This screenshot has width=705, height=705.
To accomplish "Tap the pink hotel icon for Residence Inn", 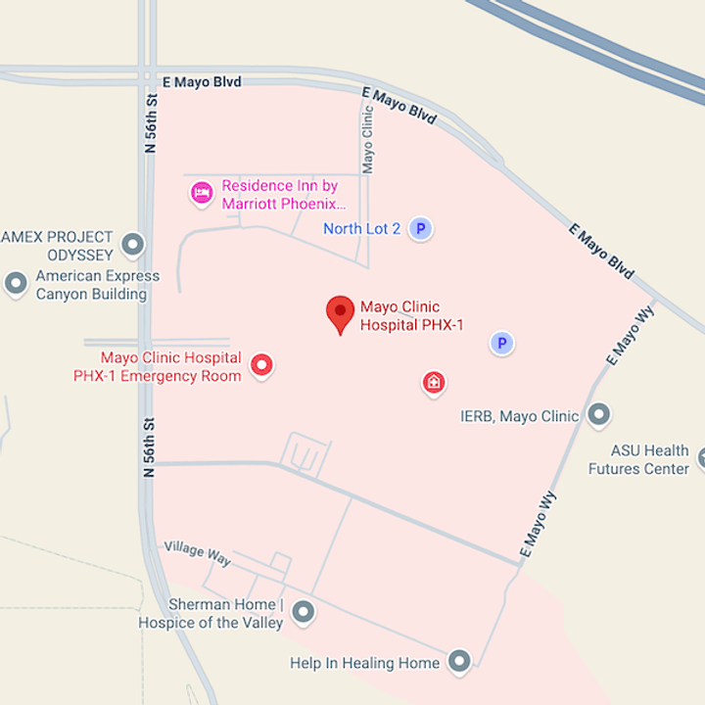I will click(202, 192).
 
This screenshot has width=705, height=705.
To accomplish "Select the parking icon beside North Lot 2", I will click(420, 229).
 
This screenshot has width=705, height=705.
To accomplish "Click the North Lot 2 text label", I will click(361, 229).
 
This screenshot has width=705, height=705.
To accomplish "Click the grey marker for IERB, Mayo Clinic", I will click(598, 415).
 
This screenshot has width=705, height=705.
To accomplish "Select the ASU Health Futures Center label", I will click(638, 459).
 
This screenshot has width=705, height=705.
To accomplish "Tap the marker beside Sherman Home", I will click(304, 613).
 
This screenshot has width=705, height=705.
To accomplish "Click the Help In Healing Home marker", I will click(459, 662).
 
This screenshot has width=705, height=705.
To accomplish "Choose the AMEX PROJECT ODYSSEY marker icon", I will click(132, 245).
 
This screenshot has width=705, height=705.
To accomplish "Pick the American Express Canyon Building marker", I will click(16, 284).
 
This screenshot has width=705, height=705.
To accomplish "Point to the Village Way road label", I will click(197, 553).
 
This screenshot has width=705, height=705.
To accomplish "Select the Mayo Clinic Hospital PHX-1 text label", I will click(411, 315).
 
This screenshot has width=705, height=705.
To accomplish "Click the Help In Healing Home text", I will click(364, 663).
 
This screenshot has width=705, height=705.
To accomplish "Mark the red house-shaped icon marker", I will click(434, 383).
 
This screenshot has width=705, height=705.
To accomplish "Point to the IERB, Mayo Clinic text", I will click(519, 416).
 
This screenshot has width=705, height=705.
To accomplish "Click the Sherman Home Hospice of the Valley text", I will click(211, 613).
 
